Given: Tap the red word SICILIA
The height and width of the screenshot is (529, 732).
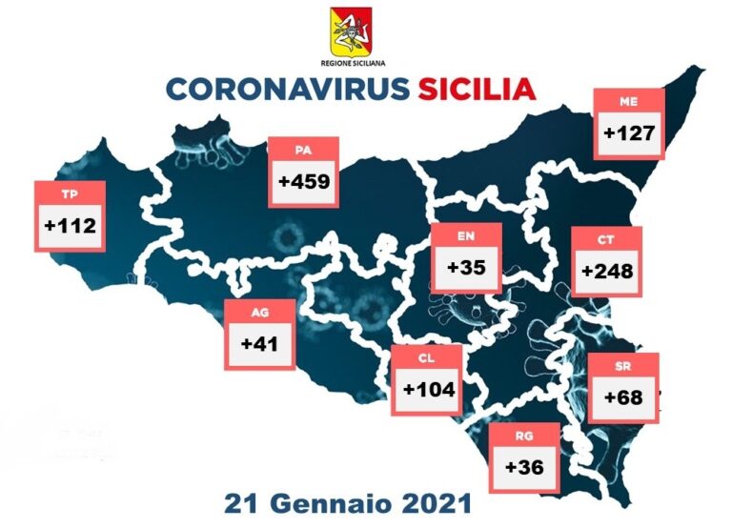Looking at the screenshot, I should [x=476, y=89].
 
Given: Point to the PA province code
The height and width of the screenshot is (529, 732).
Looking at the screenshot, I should [x=303, y=149].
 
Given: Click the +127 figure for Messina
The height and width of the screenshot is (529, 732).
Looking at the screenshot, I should [x=629, y=132].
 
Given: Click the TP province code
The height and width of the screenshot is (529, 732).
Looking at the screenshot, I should [x=69, y=194].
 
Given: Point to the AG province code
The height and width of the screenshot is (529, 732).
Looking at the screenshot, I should [x=258, y=313].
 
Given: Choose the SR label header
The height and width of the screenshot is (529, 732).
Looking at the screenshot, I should [x=623, y=365].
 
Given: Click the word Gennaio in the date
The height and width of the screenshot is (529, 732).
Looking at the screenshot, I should [x=340, y=500].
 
